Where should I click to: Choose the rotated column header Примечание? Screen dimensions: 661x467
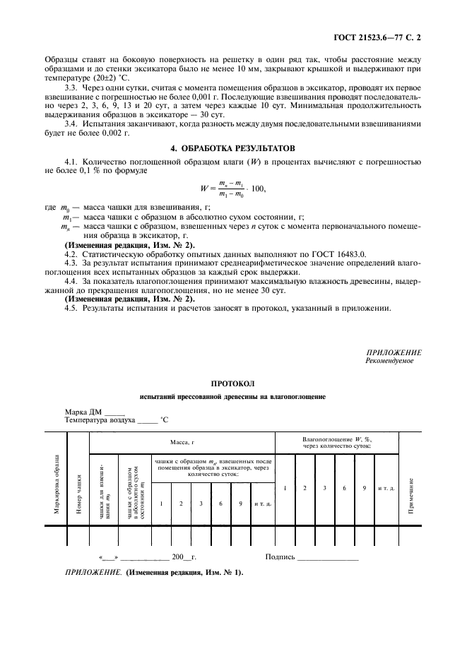click(410, 494)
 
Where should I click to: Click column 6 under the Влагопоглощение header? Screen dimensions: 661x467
click(344, 488)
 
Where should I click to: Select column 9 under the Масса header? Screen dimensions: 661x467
click(242, 504)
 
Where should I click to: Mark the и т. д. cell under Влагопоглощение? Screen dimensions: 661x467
click(386, 488)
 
